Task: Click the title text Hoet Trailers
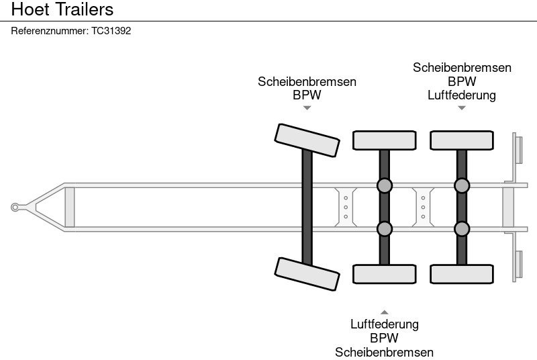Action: [x=62, y=10]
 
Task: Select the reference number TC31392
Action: [x=111, y=31]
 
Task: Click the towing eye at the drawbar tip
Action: [x=15, y=208]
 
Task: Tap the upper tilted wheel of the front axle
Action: [x=307, y=140]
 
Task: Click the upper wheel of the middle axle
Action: [x=384, y=140]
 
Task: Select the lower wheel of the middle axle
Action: [x=384, y=274]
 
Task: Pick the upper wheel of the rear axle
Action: [x=462, y=140]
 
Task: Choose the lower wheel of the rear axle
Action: [x=462, y=274]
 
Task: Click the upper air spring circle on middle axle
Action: [x=384, y=186]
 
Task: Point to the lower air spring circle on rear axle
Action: [x=462, y=229]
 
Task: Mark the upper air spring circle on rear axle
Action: [x=462, y=186]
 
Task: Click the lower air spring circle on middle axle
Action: [x=384, y=229]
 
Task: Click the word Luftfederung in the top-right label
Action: [x=462, y=95]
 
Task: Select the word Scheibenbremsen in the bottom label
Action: [x=384, y=352]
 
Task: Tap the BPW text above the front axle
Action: [x=307, y=95]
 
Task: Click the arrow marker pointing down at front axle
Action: [x=307, y=108]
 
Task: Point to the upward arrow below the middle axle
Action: [x=384, y=312]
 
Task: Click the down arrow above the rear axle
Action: [x=462, y=108]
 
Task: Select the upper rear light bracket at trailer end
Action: [x=518, y=148]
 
